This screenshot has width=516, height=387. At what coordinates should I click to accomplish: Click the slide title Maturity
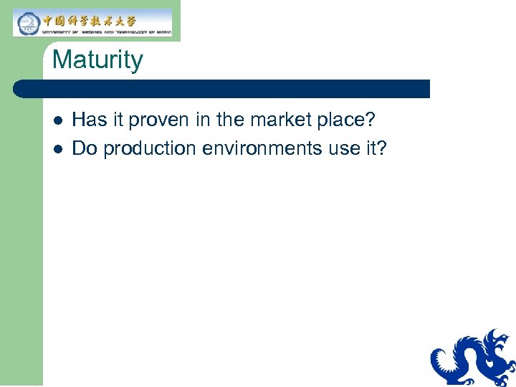(x=97, y=59)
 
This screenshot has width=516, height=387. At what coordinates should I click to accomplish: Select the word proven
(x=162, y=119)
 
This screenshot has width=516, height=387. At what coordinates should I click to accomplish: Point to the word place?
(x=348, y=119)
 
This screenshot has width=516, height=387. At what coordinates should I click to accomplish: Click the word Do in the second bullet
(x=85, y=148)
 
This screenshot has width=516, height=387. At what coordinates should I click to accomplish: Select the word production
(x=149, y=149)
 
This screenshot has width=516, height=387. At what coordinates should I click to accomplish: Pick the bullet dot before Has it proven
(x=57, y=119)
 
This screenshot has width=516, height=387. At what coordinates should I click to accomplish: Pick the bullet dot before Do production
(x=57, y=149)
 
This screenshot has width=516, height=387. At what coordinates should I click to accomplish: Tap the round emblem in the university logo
(x=27, y=23)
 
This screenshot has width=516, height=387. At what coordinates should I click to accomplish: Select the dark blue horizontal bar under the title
(x=222, y=89)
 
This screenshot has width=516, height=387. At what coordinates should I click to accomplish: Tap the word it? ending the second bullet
(x=376, y=148)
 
